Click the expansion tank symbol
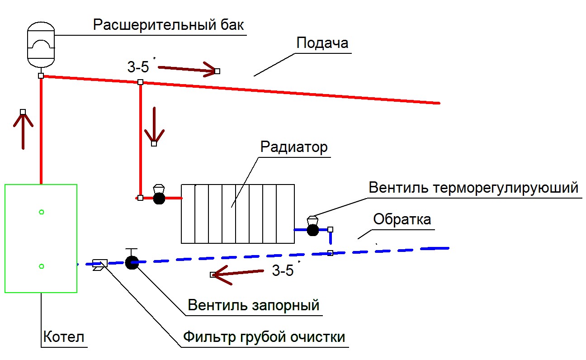point(41,44)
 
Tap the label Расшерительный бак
point(168,25)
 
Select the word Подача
point(322,43)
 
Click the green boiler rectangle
point(5,238)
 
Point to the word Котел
point(64,336)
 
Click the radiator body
point(238,214)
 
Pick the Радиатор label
point(294,147)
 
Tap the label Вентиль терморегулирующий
point(473,188)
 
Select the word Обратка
point(402,219)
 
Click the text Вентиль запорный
point(254,305)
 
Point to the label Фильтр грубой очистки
point(264,337)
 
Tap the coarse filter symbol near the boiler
point(100,265)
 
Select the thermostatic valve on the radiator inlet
point(159,195)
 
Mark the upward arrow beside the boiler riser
point(23,130)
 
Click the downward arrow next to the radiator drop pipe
point(154,126)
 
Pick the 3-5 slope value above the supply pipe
point(138,67)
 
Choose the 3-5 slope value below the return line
point(283,270)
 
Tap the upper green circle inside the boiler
point(41,212)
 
